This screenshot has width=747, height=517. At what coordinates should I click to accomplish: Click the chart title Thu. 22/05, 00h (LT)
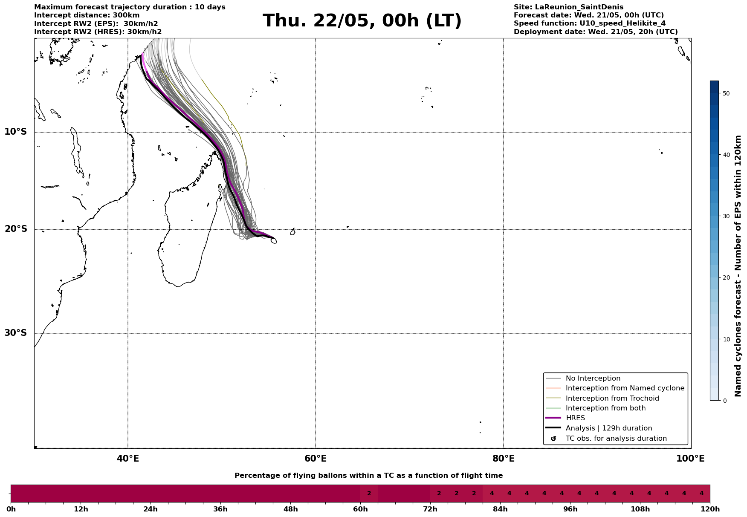362,21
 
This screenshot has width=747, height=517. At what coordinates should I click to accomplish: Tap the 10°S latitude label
16,132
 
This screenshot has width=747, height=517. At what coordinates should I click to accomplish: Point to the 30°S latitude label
16,333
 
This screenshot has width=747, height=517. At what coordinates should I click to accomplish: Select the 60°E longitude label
316,459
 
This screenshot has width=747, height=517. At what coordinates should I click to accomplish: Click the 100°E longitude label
690,459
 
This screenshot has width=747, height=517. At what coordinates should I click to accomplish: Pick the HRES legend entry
575,418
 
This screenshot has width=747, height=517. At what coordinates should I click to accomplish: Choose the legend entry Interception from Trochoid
612,399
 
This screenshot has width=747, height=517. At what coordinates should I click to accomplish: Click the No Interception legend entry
593,378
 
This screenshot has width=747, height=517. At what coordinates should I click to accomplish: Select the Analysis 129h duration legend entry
608,428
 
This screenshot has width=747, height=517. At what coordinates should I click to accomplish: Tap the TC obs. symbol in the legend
553,439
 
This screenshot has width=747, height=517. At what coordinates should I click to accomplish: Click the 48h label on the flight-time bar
290,509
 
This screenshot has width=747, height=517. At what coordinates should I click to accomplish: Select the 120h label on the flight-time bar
709,509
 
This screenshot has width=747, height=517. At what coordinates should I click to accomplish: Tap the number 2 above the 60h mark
369,494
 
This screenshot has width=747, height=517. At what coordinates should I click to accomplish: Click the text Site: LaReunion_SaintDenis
568,7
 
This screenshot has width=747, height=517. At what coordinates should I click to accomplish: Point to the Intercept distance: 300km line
87,15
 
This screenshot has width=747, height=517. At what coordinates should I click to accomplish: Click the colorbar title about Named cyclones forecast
738,266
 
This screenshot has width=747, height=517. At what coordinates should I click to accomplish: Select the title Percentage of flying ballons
368,476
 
